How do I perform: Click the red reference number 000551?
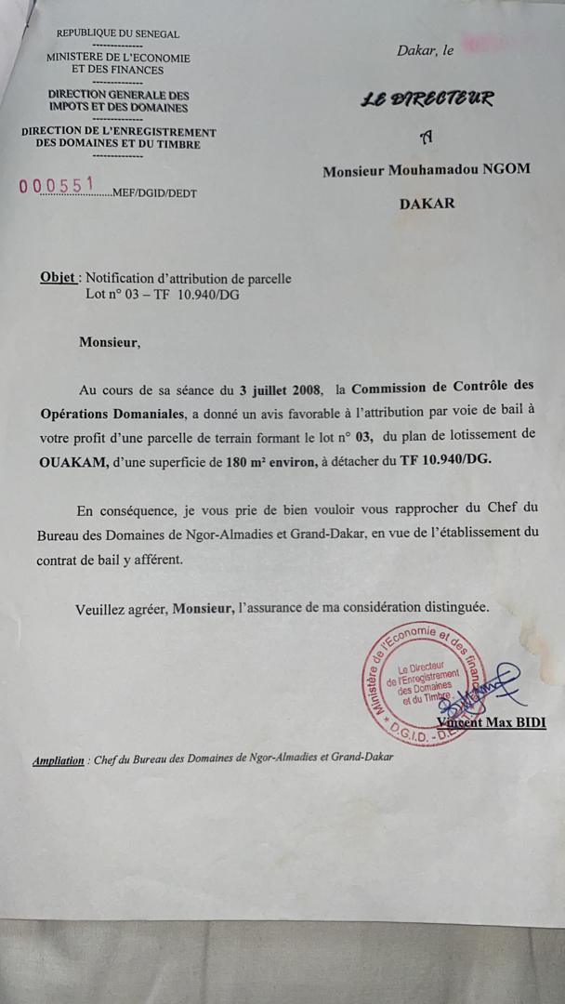point(58,185)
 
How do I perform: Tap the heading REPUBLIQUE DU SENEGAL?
point(118,33)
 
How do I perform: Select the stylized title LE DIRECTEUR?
point(427,99)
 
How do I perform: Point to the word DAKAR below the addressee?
point(427,203)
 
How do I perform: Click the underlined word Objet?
point(59,278)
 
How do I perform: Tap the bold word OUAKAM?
point(72,459)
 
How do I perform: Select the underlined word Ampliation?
point(59,760)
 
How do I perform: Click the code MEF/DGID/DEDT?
point(153,192)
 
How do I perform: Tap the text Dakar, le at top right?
point(426,51)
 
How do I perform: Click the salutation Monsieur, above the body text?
point(110,342)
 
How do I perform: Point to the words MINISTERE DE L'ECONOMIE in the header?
point(118,58)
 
